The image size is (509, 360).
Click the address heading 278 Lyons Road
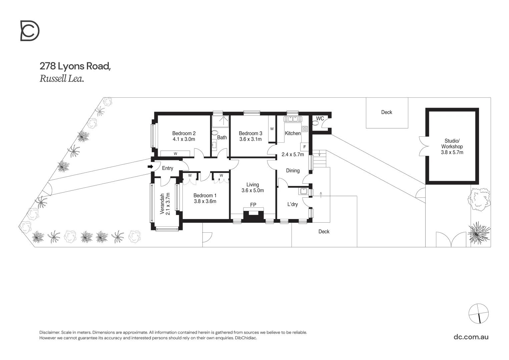pyautogui.click(x=75, y=66)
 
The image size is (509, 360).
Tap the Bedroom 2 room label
pyautogui.click(x=184, y=133)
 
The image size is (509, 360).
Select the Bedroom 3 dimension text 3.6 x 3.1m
pyautogui.click(x=250, y=139)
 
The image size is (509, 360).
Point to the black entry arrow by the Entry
pyautogui.click(x=150, y=167)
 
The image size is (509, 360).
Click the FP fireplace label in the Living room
pyautogui.click(x=253, y=205)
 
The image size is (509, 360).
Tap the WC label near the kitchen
pyautogui.click(x=320, y=118)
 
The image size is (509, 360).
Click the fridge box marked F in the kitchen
pyautogui.click(x=304, y=147)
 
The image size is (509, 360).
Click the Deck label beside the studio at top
pyautogui.click(x=387, y=112)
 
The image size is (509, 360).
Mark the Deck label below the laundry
pyautogui.click(x=324, y=231)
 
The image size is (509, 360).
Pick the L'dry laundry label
pyautogui.click(x=293, y=204)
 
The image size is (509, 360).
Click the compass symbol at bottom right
pyautogui.click(x=478, y=314)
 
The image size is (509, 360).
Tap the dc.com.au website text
pyautogui.click(x=471, y=337)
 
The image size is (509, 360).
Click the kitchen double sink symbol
pyautogui.click(x=293, y=119)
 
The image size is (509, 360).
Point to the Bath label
pyautogui.click(x=222, y=137)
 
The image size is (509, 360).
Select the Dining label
pyautogui.click(x=293, y=170)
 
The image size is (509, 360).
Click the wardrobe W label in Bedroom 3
pyautogui.click(x=272, y=129)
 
